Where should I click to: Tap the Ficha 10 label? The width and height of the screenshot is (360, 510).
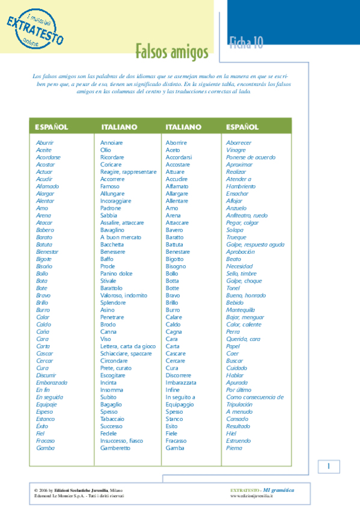tap(246, 42)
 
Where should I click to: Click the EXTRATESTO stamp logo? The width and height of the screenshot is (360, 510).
tap(35, 26)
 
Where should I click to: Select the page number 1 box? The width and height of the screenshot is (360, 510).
tap(329, 467)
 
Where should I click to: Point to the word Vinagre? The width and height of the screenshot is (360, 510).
tap(236, 150)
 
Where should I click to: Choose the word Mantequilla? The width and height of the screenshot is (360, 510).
tap(242, 310)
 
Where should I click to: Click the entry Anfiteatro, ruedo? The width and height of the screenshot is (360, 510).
tap(246, 215)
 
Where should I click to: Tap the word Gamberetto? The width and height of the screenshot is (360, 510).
tap(115, 448)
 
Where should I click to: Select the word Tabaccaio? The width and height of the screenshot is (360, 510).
tap(112, 419)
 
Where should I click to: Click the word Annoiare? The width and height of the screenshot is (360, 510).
tap(111, 143)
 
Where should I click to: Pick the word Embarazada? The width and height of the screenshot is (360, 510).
tap(52, 382)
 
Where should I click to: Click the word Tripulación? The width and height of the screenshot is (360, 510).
tap(239, 404)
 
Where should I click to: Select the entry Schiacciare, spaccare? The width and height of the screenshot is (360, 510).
tap(126, 354)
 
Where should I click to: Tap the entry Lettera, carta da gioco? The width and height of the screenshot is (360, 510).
tap(127, 346)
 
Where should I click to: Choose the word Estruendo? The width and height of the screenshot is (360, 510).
tap(238, 441)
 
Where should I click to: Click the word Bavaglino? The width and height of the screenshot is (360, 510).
tap(112, 230)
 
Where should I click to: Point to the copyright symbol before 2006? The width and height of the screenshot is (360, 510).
tap(36, 490)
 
